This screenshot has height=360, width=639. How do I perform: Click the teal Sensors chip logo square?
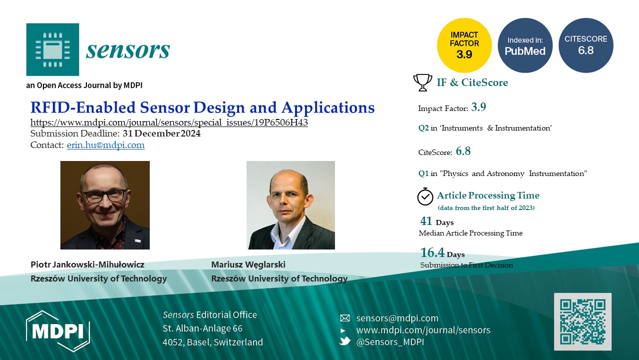(52, 49)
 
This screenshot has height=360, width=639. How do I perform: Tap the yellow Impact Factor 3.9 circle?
(464, 45)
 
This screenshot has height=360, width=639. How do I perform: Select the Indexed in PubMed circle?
(525, 45)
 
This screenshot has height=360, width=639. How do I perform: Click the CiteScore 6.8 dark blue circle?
(586, 45)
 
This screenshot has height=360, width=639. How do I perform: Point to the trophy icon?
(422, 82)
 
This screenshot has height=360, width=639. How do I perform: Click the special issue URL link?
(169, 122)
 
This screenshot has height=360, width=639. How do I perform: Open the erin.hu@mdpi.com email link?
(105, 145)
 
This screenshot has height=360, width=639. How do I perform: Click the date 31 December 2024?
(162, 133)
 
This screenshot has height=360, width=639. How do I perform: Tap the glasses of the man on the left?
(105, 195)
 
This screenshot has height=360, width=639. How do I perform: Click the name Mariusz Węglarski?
(248, 265)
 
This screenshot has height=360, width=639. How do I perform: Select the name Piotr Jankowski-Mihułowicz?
(87, 264)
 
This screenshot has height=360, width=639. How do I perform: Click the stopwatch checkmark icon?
(425, 196)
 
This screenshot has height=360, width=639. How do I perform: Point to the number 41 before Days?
(426, 221)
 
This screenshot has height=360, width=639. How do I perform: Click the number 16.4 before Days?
(432, 252)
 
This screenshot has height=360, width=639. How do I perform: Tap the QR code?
(583, 321)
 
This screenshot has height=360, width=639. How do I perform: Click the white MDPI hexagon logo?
(58, 331)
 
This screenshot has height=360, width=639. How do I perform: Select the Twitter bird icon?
(345, 341)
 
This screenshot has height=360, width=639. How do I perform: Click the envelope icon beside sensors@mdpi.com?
(345, 318)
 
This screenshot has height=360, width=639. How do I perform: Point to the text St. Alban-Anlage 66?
(203, 328)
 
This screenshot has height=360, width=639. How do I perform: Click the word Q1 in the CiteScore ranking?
(423, 173)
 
